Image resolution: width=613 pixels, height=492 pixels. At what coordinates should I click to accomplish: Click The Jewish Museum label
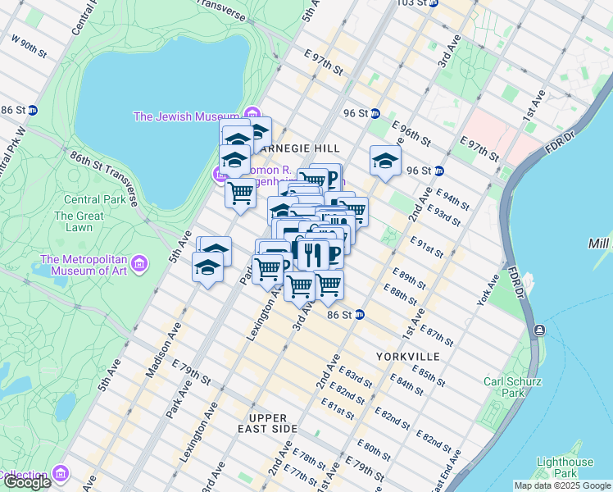pos(186,116)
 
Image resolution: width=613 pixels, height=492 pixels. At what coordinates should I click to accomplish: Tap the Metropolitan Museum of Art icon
pos(139,265)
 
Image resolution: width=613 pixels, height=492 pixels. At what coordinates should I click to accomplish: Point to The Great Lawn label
pos(79,222)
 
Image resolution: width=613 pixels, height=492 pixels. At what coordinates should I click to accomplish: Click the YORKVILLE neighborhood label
pos(408,357)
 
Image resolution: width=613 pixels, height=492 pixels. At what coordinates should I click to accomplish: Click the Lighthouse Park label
pos(565,467)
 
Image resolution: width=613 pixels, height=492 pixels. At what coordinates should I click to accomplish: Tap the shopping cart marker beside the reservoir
pos(240,194)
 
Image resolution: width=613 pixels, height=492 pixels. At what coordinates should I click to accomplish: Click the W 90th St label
pos(29,42)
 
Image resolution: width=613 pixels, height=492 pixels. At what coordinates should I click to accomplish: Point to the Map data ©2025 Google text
pos(561,485)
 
